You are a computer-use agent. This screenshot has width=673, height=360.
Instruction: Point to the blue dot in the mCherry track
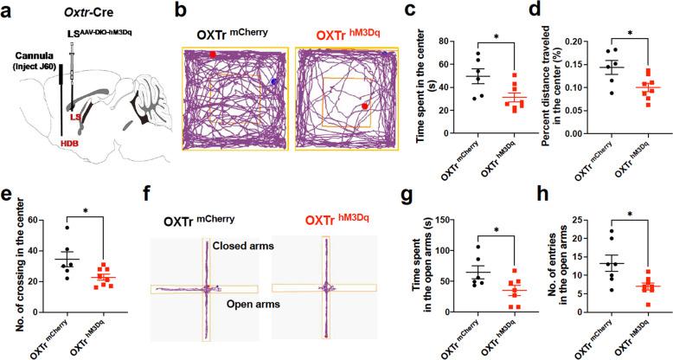(x=274, y=81)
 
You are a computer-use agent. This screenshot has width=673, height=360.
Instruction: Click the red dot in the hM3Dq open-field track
(x=365, y=106)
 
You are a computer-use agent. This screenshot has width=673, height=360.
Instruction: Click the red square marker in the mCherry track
(x=213, y=55)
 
